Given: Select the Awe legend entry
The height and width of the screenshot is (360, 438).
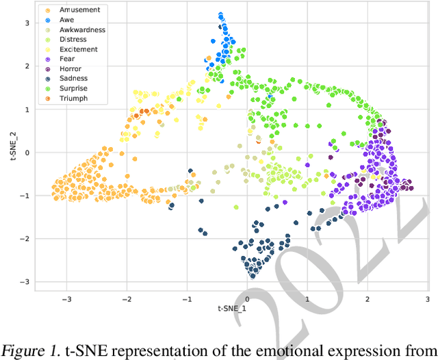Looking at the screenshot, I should (67, 20).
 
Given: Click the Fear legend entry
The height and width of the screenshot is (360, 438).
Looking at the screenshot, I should (67, 60).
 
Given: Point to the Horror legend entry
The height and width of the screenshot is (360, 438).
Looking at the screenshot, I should (70, 69).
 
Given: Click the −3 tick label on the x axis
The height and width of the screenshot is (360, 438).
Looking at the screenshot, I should (66, 299).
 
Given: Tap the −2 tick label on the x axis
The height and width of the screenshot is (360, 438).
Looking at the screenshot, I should (127, 299).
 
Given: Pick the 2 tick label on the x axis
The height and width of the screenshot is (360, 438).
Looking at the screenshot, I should (367, 299).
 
